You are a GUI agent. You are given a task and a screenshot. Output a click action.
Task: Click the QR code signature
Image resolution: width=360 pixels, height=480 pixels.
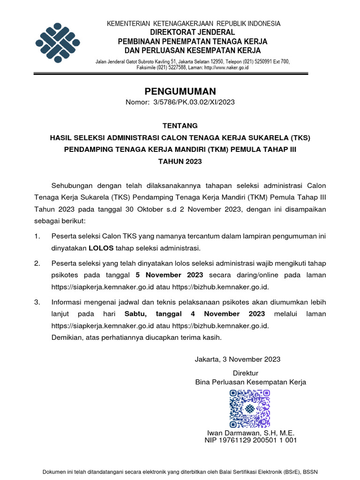(x=250, y=408)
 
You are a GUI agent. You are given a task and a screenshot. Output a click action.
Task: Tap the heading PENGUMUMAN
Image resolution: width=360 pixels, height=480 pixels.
(x=180, y=91)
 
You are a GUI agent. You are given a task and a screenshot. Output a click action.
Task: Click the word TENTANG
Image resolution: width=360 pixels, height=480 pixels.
(x=180, y=126)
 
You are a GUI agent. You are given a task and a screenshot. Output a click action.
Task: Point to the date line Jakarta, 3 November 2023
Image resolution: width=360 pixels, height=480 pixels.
(x=237, y=359)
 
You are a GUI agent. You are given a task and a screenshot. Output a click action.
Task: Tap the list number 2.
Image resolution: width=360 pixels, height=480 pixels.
(x=37, y=263)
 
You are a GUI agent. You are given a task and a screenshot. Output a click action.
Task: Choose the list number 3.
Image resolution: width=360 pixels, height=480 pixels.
(x=37, y=302)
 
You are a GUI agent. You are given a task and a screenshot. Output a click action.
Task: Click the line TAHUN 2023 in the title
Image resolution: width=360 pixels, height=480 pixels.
(x=180, y=162)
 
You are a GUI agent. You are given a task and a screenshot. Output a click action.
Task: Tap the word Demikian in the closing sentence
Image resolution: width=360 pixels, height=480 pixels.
(x=66, y=337)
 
